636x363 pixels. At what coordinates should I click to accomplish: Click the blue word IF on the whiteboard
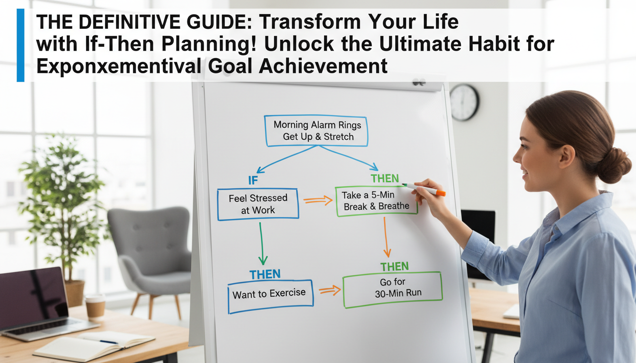pyautogui.click(x=253, y=181)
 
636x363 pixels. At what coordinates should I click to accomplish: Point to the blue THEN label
pyautogui.click(x=265, y=274)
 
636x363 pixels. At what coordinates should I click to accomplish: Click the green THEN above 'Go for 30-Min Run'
pyautogui.click(x=395, y=267)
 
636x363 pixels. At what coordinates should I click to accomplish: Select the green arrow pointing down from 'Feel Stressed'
pyautogui.click(x=262, y=243)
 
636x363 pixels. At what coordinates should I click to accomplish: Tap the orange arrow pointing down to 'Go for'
pyautogui.click(x=386, y=237)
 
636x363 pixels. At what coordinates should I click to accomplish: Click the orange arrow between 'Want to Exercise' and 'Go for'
pyautogui.click(x=330, y=290)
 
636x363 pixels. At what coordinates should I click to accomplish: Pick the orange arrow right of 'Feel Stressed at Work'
pyautogui.click(x=318, y=200)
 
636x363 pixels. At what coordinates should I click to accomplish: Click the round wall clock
pyautogui.click(x=465, y=103)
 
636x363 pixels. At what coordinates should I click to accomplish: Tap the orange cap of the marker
pyautogui.click(x=441, y=193)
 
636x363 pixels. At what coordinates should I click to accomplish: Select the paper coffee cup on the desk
pyautogui.click(x=95, y=306)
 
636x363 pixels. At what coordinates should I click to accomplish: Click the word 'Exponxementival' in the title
pyautogui.click(x=118, y=66)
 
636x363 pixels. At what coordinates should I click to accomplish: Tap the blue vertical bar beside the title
pyautogui.click(x=20, y=45)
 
